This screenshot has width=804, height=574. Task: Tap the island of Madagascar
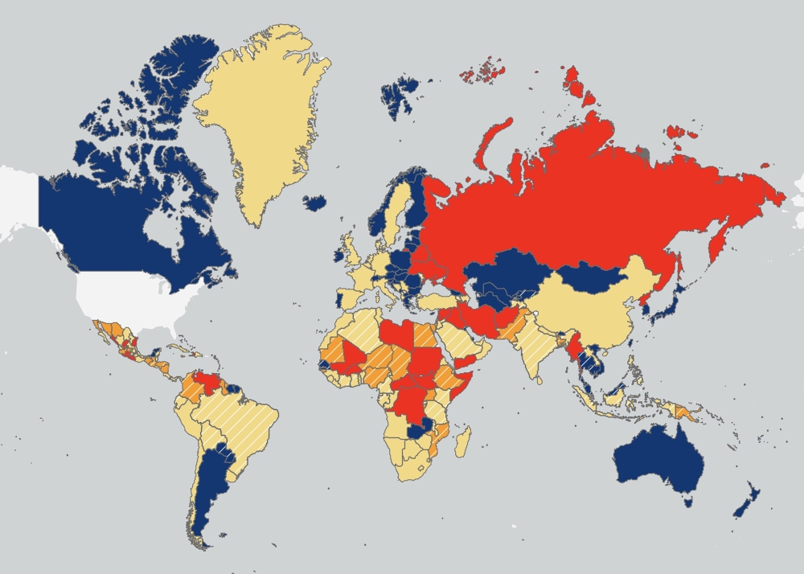tap(463, 441)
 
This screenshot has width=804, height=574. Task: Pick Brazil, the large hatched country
tap(241, 418)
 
